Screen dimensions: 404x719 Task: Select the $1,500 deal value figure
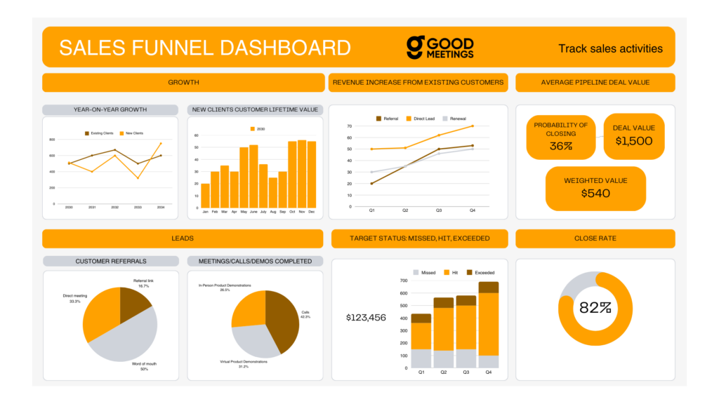click(633, 141)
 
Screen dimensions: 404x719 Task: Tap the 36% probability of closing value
click(560, 146)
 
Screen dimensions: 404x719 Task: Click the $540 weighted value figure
click(595, 193)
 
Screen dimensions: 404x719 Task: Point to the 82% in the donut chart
click(595, 307)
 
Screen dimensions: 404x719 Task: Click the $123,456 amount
click(366, 318)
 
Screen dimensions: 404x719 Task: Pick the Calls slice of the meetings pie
click(284, 321)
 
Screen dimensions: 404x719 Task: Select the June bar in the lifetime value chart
click(253, 176)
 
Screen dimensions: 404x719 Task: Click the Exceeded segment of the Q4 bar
click(489, 287)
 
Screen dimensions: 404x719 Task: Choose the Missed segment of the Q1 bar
click(421, 358)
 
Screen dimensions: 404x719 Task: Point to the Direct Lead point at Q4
click(472, 126)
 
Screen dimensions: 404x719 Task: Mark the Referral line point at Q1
click(371, 184)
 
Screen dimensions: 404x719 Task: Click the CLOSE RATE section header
click(595, 238)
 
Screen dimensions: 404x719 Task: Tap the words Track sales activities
click(610, 48)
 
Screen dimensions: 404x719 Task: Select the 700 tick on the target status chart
click(404, 281)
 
